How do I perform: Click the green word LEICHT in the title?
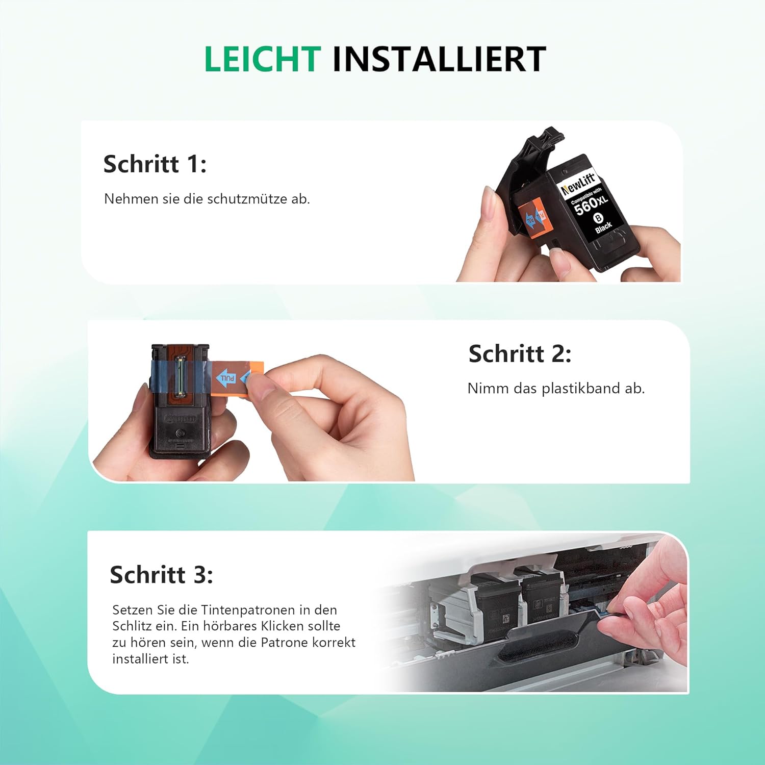[263, 59]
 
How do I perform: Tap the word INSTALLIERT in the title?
[440, 59]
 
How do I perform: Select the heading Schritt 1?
[155, 164]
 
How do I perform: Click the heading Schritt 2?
[520, 353]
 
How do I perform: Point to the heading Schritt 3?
[162, 575]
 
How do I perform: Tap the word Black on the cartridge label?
[603, 227]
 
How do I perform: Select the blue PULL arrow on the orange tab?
[226, 378]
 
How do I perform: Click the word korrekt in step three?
[334, 643]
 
